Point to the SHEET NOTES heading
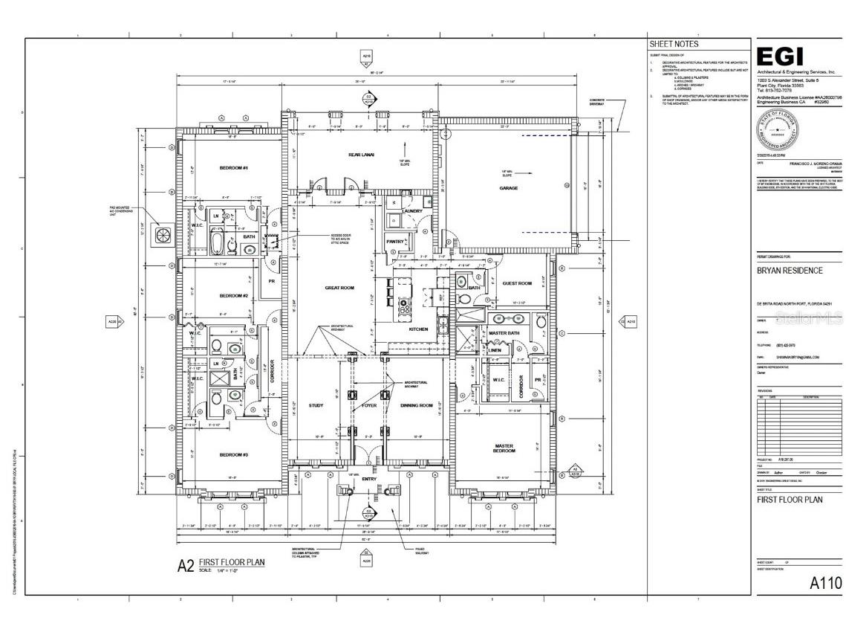point(674,44)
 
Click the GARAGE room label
point(508,188)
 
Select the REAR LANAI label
point(361,155)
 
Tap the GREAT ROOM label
point(339,287)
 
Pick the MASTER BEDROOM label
point(504,448)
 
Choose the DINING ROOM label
point(416,405)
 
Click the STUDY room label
point(316,405)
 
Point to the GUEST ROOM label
point(517,283)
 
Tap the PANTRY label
point(395,241)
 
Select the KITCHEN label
point(419,329)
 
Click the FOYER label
point(369,405)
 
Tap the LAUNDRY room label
point(412,211)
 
